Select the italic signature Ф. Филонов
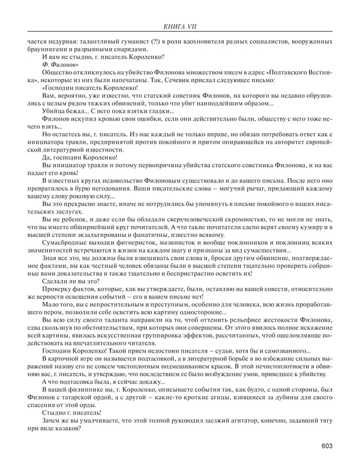tap(59, 63)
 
